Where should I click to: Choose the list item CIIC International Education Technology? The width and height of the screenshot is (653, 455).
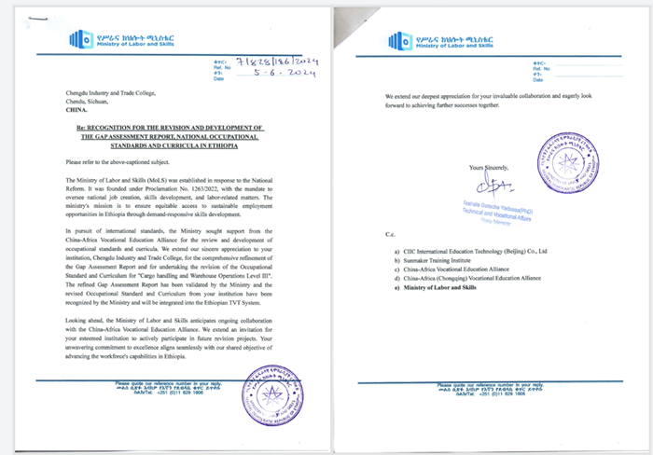click(485, 251)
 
